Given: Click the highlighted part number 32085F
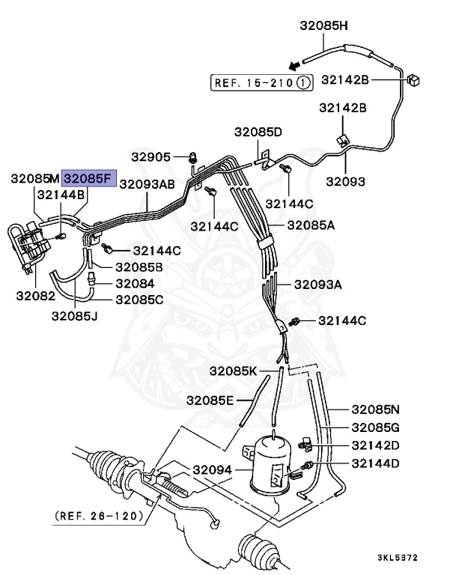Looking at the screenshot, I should pyautogui.click(x=89, y=179).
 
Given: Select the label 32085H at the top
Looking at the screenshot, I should pyautogui.click(x=323, y=25).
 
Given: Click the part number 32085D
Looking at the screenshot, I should pyautogui.click(x=258, y=132).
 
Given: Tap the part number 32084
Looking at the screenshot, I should pyautogui.click(x=135, y=284).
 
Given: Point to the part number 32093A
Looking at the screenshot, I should pyautogui.click(x=317, y=285).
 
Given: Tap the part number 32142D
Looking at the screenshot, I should pyautogui.click(x=376, y=445).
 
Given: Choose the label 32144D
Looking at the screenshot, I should pyautogui.click(x=376, y=464).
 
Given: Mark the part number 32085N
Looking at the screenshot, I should pyautogui.click(x=376, y=409).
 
